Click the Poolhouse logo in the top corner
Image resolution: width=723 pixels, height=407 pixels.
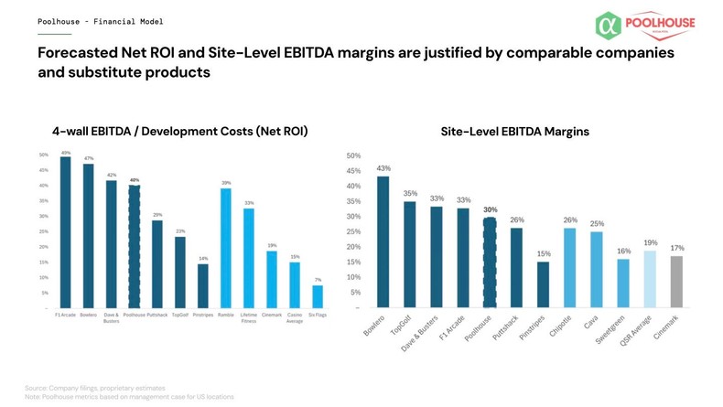click(x=644, y=25)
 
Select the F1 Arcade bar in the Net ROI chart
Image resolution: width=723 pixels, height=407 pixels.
click(x=66, y=232)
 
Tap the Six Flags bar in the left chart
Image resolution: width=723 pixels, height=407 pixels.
click(x=318, y=296)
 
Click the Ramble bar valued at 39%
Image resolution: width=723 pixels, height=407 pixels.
click(x=226, y=248)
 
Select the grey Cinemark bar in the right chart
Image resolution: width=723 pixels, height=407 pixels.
click(x=676, y=282)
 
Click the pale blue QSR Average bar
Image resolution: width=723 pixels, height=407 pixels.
click(x=650, y=279)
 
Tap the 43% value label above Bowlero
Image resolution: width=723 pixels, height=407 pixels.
click(x=383, y=168)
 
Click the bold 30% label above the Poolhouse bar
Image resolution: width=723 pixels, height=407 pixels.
click(x=491, y=209)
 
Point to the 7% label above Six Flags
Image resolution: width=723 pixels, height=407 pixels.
click(x=318, y=280)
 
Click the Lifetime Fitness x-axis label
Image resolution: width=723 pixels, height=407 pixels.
click(x=249, y=317)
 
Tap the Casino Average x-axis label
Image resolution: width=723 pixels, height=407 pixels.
click(x=295, y=317)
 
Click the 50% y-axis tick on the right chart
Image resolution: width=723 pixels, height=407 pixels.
click(x=353, y=156)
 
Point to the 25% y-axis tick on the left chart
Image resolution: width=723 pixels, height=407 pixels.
click(x=44, y=231)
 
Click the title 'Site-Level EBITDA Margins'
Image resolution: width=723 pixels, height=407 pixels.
click(x=514, y=132)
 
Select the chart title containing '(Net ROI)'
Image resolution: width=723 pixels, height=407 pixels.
click(x=180, y=132)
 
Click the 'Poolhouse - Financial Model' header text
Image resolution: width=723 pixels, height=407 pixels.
click(x=100, y=21)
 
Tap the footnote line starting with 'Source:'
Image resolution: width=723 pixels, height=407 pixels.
click(x=95, y=388)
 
